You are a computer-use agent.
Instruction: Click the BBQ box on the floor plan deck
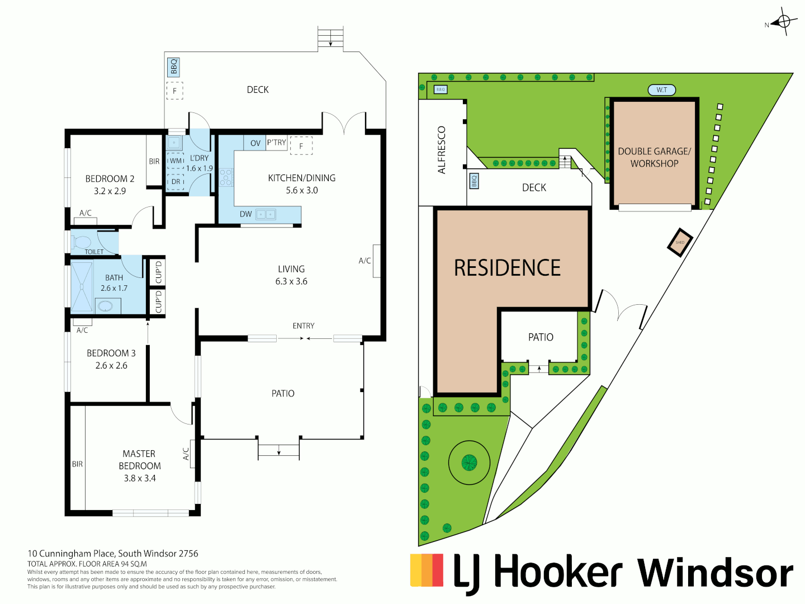point(174,67)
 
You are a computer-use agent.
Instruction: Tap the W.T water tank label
point(661,90)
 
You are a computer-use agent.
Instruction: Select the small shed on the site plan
point(680,242)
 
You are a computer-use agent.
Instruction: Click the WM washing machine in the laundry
point(176,161)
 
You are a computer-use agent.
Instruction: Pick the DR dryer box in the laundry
point(176,182)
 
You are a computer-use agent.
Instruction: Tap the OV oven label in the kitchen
point(255,143)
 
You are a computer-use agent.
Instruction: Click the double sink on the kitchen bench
point(266,214)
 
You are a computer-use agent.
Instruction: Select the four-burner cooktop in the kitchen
point(226,177)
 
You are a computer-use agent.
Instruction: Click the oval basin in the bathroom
point(105,306)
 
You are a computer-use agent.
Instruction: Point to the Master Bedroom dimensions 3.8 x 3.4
point(140,478)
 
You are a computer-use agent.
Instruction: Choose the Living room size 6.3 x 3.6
point(291,281)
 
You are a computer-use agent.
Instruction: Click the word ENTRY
point(304,325)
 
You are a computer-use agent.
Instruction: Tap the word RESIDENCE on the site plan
point(507,268)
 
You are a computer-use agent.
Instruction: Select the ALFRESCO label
point(442,150)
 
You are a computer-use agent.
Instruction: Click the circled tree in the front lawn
point(469,463)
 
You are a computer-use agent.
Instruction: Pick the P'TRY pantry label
point(276,143)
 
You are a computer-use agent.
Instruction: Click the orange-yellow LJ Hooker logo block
point(427,570)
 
